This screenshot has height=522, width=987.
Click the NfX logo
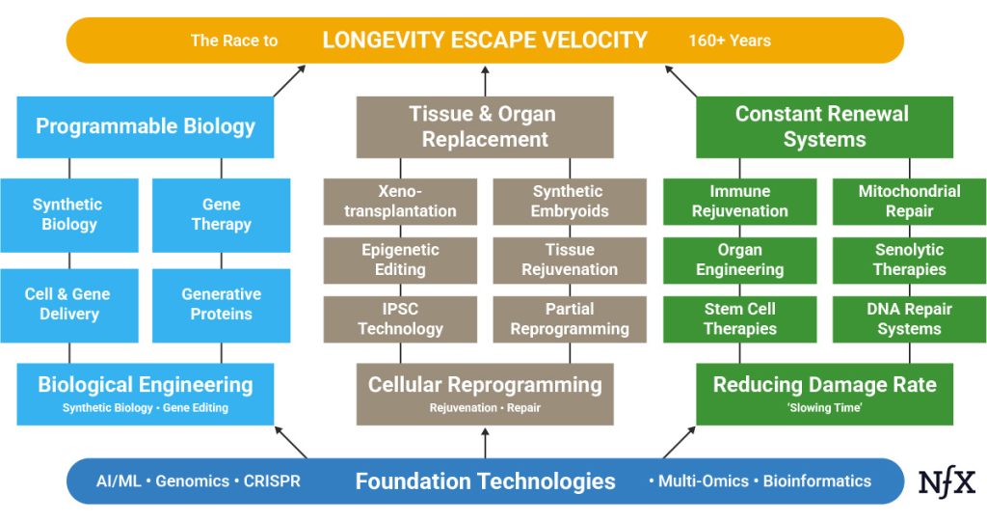click(x=947, y=481)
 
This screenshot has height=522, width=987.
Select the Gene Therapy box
click(x=222, y=214)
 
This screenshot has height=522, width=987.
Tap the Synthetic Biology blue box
click(x=68, y=214)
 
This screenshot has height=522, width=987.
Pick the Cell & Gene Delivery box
click(x=68, y=304)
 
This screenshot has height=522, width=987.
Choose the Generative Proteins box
click(x=222, y=304)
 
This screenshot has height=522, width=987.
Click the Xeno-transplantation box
click(x=400, y=201)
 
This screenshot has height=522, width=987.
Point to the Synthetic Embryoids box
click(x=570, y=201)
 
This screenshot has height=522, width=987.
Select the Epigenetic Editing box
click(x=400, y=260)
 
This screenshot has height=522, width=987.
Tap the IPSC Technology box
click(x=400, y=318)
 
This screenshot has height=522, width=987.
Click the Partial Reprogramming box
click(x=570, y=318)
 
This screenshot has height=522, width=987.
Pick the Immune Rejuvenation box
click(x=739, y=201)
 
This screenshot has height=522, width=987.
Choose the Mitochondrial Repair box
click(x=909, y=201)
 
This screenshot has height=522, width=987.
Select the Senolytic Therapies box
click(x=909, y=260)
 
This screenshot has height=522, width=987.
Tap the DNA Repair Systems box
click(x=909, y=318)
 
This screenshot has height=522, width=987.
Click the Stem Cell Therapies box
click(x=739, y=318)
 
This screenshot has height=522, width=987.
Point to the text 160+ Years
click(x=729, y=41)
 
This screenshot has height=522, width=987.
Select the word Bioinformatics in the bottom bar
click(x=816, y=481)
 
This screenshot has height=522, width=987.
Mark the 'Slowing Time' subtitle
click(x=824, y=408)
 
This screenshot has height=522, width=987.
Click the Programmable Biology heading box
click(x=146, y=126)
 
